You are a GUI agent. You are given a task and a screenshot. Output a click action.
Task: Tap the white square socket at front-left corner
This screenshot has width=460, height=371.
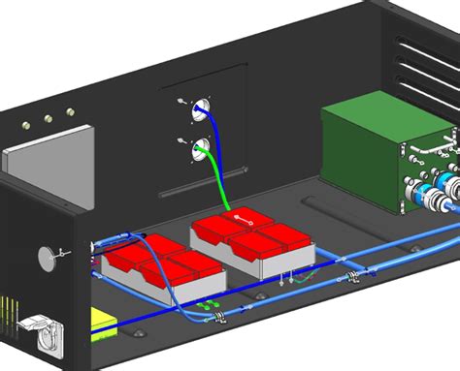40,332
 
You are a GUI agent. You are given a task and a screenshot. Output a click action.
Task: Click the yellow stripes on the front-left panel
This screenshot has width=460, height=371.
8,315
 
